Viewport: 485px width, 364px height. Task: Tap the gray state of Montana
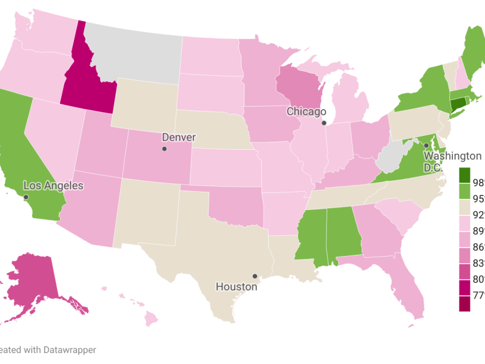coord(133,52)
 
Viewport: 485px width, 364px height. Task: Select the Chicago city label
coord(306,112)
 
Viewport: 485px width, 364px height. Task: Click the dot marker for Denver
coord(164,149)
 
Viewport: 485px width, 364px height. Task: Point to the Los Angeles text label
coord(53,186)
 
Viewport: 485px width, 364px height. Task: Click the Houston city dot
coord(255,276)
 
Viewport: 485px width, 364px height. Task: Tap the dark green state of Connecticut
coord(457,104)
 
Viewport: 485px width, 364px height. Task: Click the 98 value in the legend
coord(478,183)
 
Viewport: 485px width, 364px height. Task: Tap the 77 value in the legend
coord(478,296)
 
